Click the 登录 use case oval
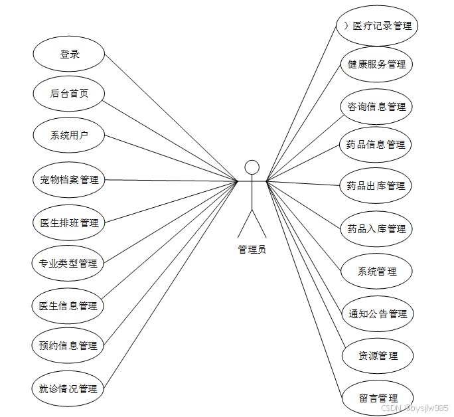(x=69, y=54)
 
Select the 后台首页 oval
(x=69, y=94)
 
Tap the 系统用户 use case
(x=69, y=135)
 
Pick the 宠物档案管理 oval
(x=69, y=179)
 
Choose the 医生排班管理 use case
(x=69, y=222)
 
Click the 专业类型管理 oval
(x=69, y=264)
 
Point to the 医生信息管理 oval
(x=69, y=305)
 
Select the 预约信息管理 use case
(x=69, y=346)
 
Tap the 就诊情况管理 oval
(x=69, y=388)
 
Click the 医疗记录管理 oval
(x=376, y=26)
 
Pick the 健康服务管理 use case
(x=376, y=64)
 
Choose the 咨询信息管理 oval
(x=376, y=106)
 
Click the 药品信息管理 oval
(x=376, y=144)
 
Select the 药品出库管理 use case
(x=376, y=185)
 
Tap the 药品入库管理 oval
(x=376, y=228)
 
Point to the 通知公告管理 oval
(x=378, y=313)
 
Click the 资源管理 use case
(x=378, y=355)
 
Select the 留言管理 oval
(x=378, y=398)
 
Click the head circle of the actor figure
(x=252, y=167)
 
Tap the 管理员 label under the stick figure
(x=252, y=250)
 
